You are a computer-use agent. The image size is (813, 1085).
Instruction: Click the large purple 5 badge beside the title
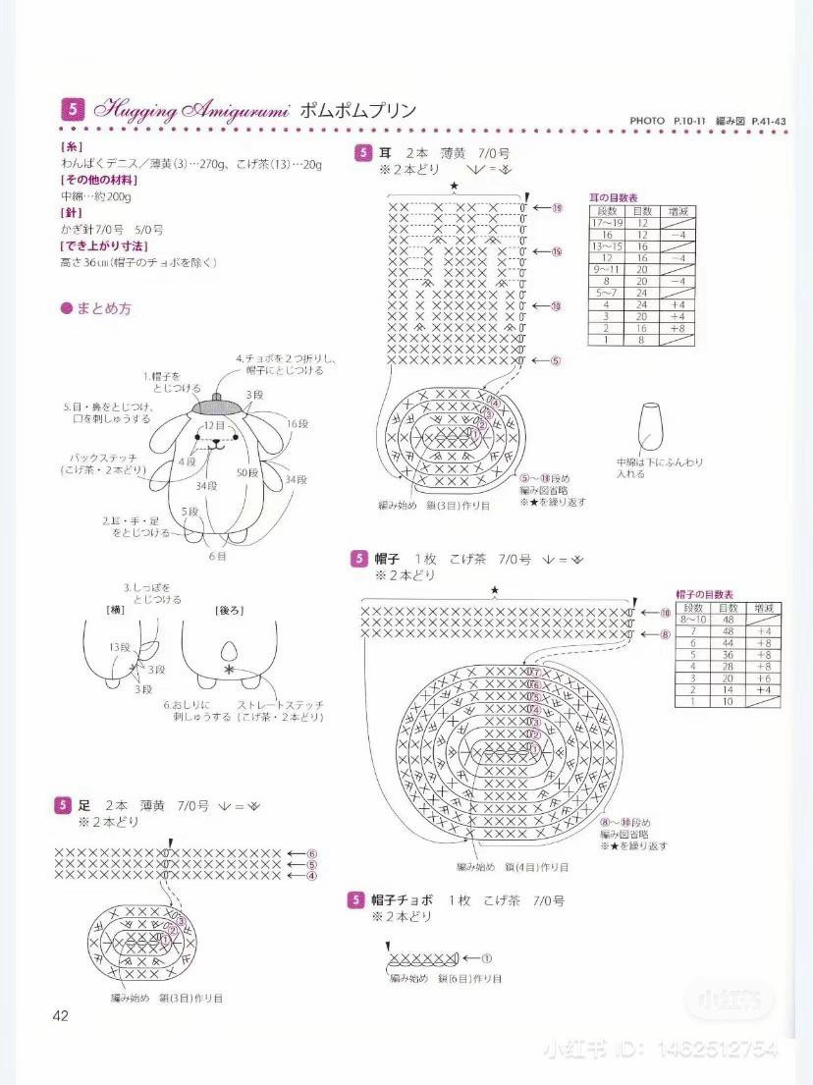[x=73, y=109]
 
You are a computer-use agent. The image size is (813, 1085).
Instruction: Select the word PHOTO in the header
[x=648, y=120]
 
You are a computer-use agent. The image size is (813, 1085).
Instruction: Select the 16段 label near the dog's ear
[x=298, y=423]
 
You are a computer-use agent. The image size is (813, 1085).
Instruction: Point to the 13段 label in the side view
[x=120, y=647]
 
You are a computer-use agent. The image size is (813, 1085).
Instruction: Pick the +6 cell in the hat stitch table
[x=763, y=678]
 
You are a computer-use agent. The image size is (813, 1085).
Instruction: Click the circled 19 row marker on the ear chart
[x=556, y=208]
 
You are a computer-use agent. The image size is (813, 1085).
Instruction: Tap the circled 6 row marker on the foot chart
[x=312, y=853]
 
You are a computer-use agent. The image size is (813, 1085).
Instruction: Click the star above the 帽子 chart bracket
[x=495, y=589]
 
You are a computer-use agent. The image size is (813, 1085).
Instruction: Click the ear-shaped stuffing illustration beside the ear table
[x=649, y=426]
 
